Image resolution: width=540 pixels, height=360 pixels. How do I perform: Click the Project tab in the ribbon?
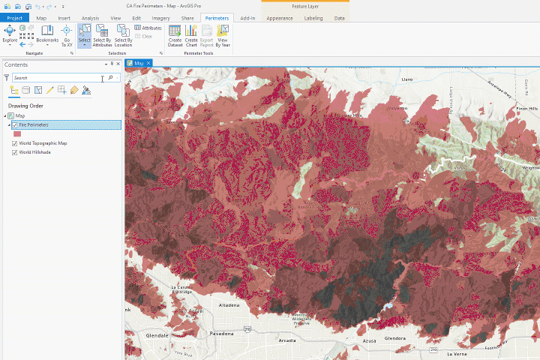click(x=14, y=17)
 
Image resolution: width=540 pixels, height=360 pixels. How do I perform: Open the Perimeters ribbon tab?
click(x=217, y=17)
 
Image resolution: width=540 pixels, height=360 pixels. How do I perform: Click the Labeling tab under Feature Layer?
click(x=313, y=17)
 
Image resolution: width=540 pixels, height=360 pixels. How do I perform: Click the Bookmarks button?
click(x=47, y=34)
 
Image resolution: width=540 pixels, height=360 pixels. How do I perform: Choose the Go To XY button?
click(x=67, y=34)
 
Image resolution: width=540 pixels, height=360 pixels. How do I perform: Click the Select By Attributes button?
click(x=102, y=35)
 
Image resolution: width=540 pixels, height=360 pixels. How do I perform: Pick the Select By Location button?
click(x=123, y=35)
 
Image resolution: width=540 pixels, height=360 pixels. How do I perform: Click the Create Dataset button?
click(x=175, y=35)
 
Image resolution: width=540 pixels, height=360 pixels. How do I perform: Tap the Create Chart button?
click(x=191, y=35)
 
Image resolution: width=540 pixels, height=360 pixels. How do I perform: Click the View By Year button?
click(x=223, y=35)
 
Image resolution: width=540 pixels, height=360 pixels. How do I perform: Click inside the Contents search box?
click(x=56, y=78)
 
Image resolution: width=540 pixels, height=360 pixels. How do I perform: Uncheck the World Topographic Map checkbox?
click(x=15, y=143)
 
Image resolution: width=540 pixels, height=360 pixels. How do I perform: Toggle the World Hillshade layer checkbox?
click(x=15, y=152)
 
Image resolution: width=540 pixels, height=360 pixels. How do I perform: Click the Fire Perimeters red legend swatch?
click(x=17, y=133)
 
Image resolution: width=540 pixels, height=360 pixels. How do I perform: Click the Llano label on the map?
click(x=408, y=78)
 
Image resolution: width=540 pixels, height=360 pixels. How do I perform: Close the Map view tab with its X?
click(x=148, y=63)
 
